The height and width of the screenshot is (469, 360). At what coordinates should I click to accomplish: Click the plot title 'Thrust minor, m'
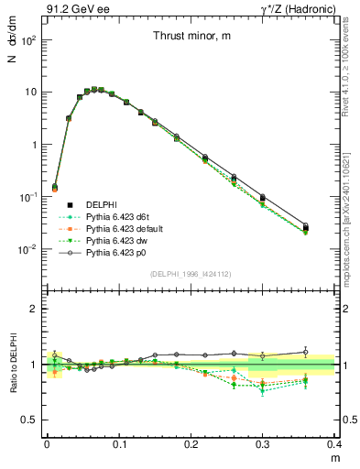pyautogui.click(x=192, y=37)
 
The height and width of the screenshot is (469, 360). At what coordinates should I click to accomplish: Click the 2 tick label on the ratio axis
pyautogui.click(x=35, y=309)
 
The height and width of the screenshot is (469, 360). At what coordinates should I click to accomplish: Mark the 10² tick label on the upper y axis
pyautogui.click(x=28, y=41)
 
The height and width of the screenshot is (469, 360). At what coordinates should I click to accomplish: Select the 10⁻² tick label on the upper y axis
pyautogui.click(x=28, y=249)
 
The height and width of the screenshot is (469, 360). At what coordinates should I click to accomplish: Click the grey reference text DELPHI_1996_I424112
pyautogui.click(x=190, y=273)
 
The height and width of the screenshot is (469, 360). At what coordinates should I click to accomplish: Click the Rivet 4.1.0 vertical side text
pyautogui.click(x=352, y=69)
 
